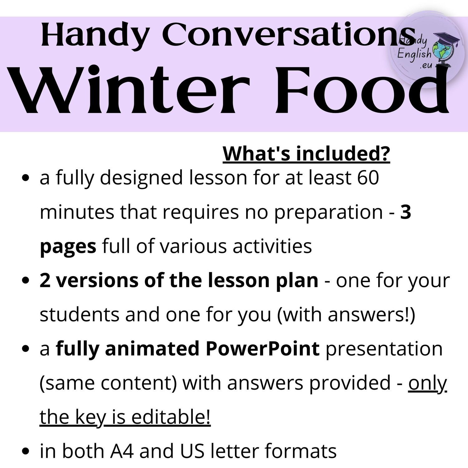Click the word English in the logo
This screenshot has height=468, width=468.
pos(414,54)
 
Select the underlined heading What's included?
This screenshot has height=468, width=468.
pos(306,154)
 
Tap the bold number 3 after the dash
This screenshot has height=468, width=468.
pos(405,212)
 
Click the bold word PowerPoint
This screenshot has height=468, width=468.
pos(262,349)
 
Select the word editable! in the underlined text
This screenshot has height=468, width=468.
pos(171,417)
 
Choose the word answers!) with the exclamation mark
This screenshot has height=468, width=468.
pos(372,315)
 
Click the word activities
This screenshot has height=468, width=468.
pos(272,246)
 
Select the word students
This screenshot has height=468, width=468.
pos(80,314)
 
